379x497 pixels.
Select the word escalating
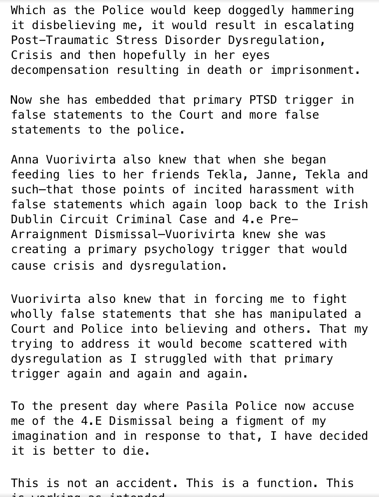tap(319, 25)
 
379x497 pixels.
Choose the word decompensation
tap(60, 70)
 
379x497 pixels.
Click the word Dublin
tap(32, 219)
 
